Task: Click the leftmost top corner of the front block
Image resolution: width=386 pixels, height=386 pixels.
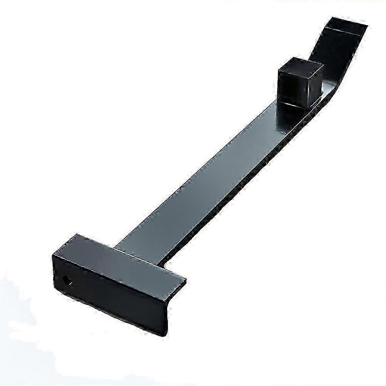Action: pos(54,255)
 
